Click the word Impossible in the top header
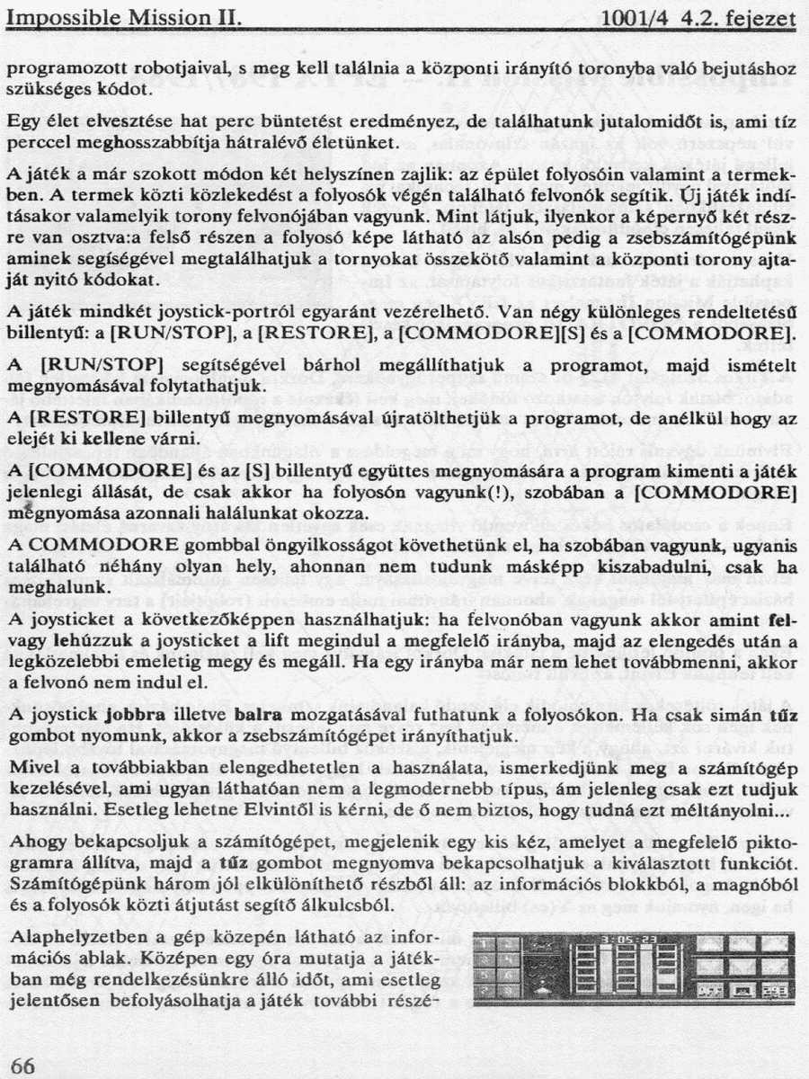click(x=56, y=17)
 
